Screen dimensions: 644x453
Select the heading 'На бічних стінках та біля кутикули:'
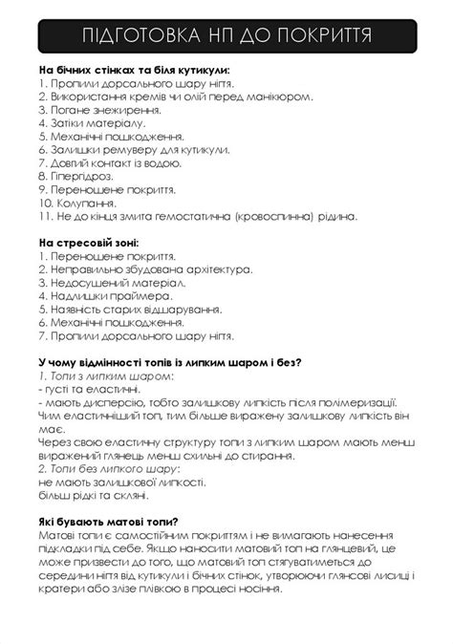tap(134, 71)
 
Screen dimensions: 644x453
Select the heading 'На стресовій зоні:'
tap(89, 244)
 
